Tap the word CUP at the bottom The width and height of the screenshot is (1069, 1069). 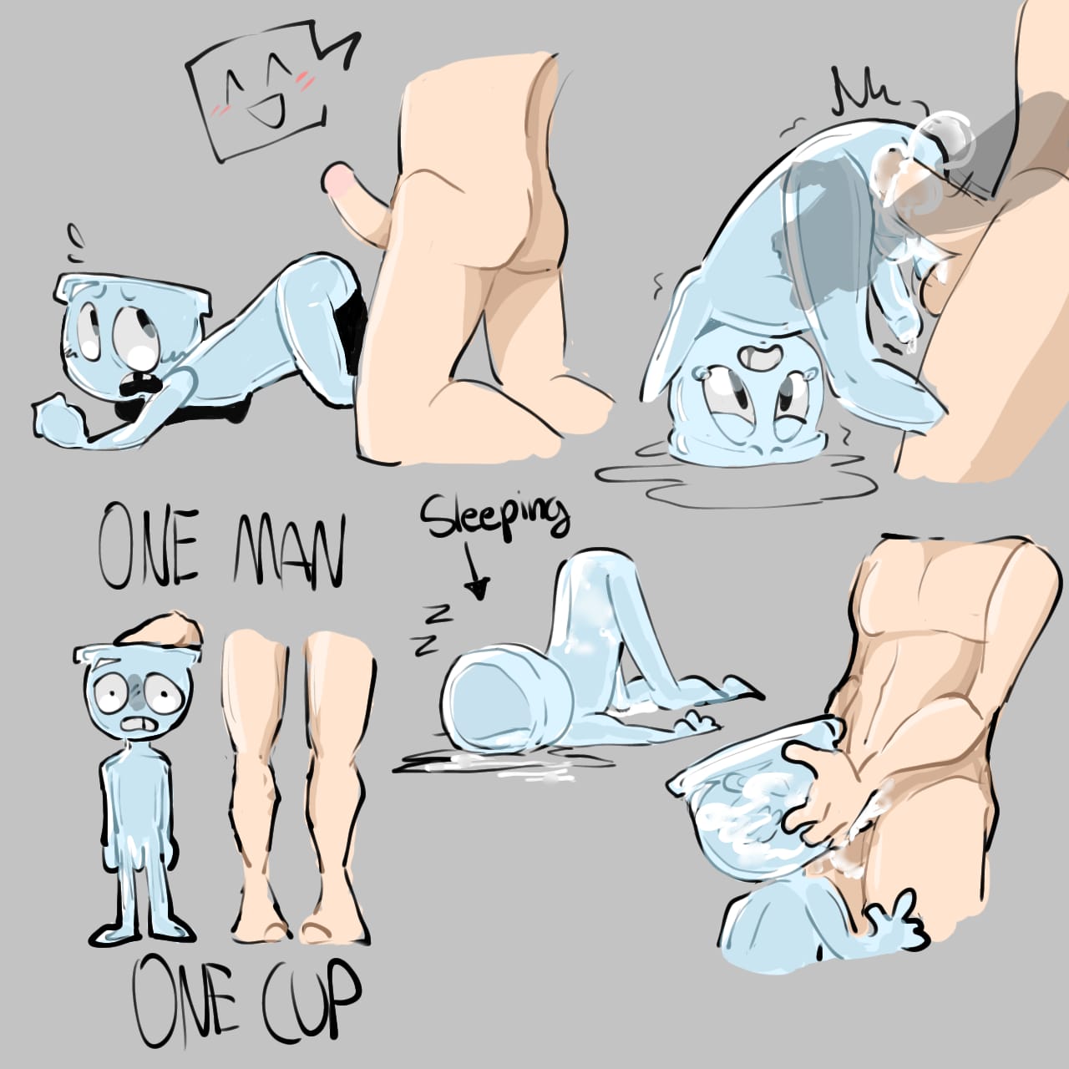312,1001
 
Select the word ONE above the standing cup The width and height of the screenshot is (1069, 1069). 148,545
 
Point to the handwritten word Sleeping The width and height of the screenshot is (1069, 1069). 494,519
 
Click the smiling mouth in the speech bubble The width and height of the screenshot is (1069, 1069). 267,110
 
